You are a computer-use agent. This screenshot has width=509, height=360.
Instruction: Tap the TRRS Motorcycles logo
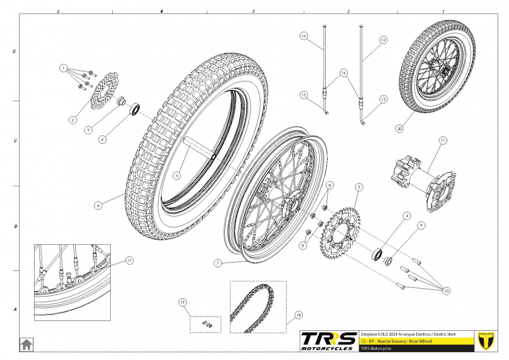click(329, 340)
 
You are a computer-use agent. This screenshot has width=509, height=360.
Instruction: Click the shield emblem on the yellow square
click(487, 340)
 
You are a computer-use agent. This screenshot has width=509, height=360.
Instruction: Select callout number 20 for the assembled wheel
click(399, 128)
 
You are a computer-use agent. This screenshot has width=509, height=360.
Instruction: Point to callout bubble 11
click(442, 140)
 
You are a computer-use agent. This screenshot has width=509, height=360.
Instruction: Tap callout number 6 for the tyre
click(99, 205)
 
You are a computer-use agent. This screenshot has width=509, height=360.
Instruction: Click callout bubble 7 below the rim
click(217, 264)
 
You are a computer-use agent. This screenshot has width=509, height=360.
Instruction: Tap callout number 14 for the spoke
click(304, 36)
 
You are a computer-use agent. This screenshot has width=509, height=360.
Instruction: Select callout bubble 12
click(383, 39)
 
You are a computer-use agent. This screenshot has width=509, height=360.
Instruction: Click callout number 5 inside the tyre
click(177, 175)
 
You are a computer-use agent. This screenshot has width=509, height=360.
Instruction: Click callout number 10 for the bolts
click(446, 291)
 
